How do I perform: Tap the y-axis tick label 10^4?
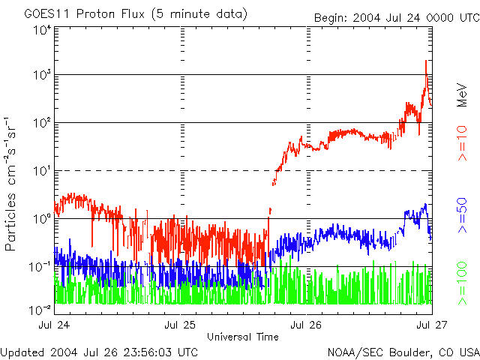coord(41,31)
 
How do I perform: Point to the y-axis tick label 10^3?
coord(41,75)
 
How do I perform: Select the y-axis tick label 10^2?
coord(41,122)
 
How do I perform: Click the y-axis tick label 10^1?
coord(41,170)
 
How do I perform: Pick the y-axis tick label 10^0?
coord(41,218)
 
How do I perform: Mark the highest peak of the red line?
coord(426,61)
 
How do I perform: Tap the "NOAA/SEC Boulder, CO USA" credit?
coord(403,352)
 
